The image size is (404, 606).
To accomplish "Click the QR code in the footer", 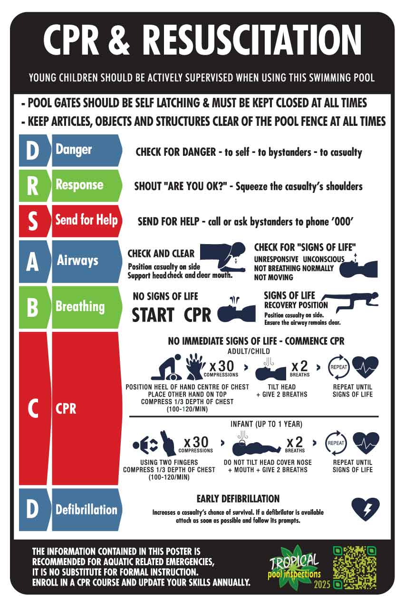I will click(355, 567).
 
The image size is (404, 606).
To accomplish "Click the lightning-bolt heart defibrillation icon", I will click(365, 509).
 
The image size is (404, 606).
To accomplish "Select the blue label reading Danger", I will click(86, 150).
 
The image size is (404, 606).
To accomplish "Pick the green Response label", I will click(86, 185).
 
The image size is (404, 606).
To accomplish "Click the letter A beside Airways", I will click(32, 262).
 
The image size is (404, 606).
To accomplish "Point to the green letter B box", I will click(32, 307).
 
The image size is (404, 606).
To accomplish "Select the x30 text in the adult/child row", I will click(221, 366).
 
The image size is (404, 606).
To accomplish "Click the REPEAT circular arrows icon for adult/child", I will click(338, 368).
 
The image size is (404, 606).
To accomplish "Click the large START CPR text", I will click(172, 315).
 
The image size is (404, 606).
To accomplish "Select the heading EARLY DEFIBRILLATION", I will click(238, 499).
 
